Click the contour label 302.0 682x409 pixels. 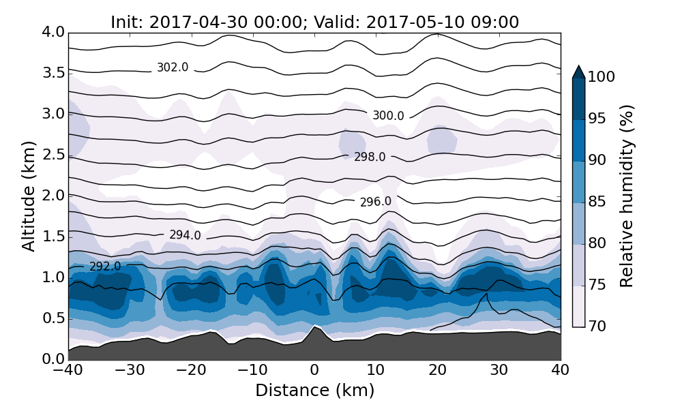173,67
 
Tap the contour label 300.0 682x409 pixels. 388,116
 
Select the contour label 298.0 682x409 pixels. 370,157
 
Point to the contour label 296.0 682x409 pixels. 376,202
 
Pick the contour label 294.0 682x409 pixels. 186,235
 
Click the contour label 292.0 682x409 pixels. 105,267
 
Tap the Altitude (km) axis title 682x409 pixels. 29,196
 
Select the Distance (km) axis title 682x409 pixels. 314,391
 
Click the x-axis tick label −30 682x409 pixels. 130,370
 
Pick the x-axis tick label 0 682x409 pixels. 314,370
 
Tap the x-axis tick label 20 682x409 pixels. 437,370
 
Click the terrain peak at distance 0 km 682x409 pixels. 314,327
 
